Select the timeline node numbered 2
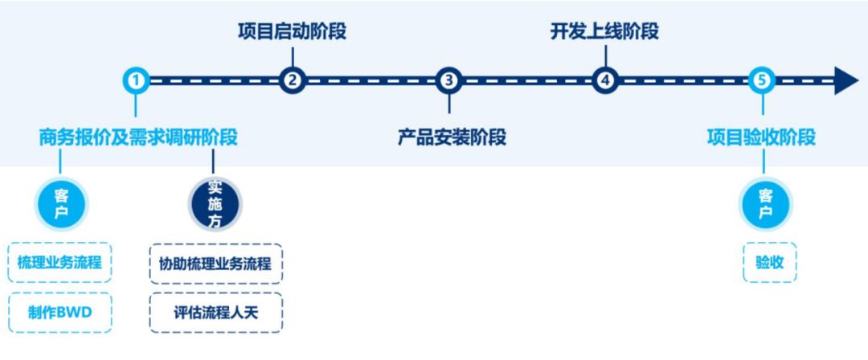293,80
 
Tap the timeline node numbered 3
448,80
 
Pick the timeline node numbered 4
605,80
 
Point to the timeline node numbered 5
762,80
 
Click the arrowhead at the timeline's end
846,80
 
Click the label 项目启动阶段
293,32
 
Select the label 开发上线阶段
605,32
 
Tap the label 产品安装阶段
452,137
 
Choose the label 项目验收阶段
761,137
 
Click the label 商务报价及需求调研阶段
138,137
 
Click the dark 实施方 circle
215,204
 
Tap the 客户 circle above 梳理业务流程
61,204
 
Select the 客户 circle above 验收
764,204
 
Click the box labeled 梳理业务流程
60,263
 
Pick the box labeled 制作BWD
60,313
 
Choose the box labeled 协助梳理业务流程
216,263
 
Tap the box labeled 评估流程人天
216,313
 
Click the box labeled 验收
770,263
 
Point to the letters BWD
74,313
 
